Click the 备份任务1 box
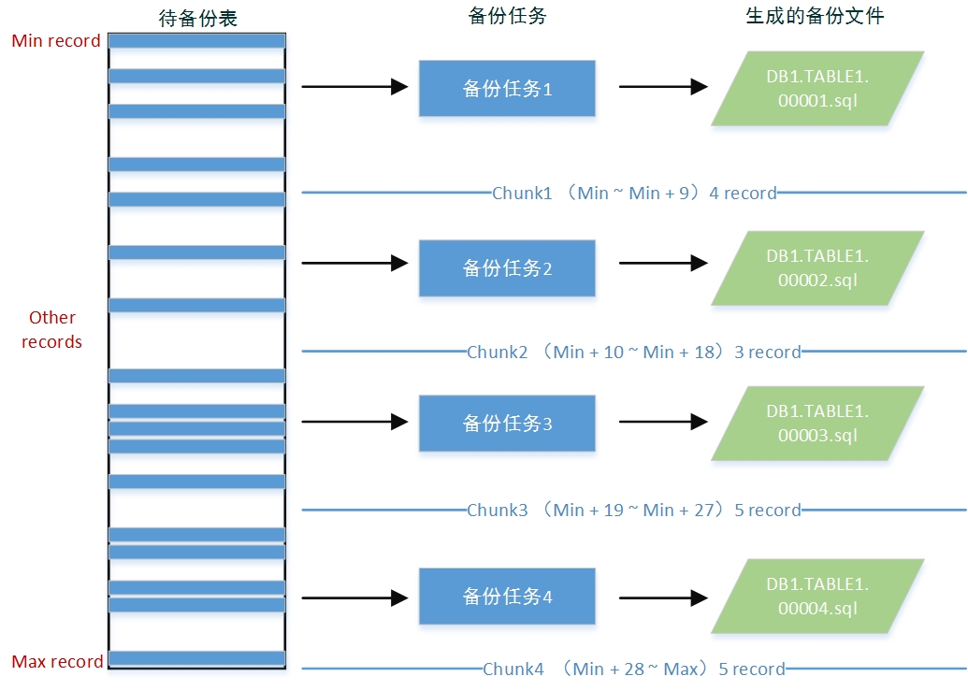coord(507,89)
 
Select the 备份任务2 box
coord(507,268)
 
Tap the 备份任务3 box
coord(507,424)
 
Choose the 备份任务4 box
coord(507,596)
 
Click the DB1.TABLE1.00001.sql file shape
coord(817,89)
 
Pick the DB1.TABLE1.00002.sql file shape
coord(817,268)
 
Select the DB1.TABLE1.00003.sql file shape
coord(817,424)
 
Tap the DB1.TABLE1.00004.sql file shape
coord(817,596)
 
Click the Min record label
coord(56,41)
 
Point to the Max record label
coord(57,662)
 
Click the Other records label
coord(52,330)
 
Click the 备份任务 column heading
coord(506,16)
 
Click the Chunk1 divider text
coord(634,194)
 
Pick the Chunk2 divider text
coord(634,353)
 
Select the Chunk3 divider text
coord(634,511)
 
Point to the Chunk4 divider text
coord(634,669)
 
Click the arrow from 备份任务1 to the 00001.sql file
coord(662,87)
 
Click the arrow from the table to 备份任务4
coord(354,597)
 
